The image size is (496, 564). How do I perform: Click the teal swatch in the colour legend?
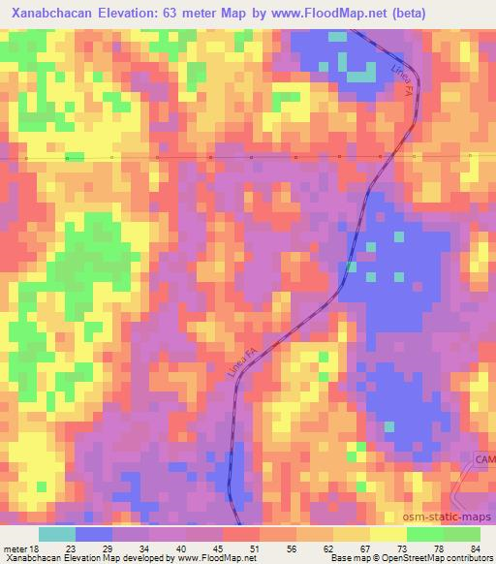click(x=56, y=534)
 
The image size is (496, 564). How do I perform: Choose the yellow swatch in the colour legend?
click(x=387, y=534)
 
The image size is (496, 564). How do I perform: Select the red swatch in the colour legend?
click(x=240, y=534)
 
